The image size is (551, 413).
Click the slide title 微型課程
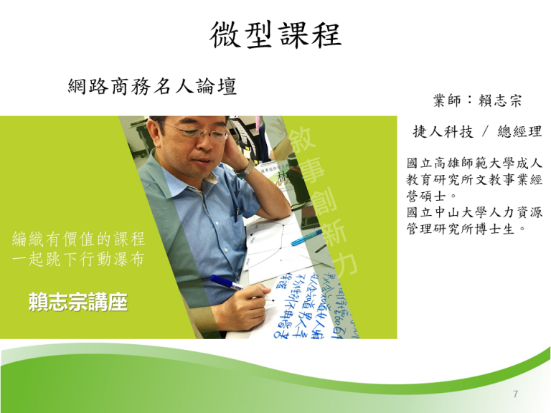tap(275, 34)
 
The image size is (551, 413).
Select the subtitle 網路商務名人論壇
tap(152, 87)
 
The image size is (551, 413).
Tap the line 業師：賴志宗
tap(477, 100)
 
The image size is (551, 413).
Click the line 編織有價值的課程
tap(80, 239)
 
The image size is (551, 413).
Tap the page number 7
tap(516, 394)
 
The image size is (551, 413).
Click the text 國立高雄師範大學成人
tap(474, 164)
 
